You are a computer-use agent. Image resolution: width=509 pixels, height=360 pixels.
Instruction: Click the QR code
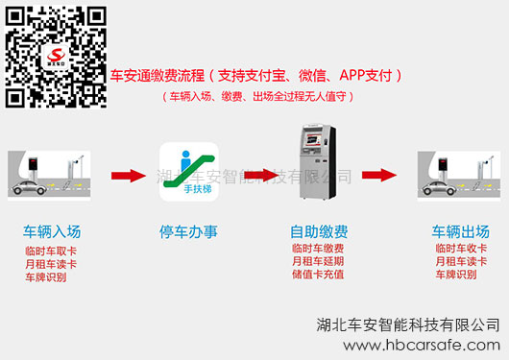coord(56,58)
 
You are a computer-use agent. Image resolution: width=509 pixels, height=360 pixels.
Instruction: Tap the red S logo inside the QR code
coord(56,57)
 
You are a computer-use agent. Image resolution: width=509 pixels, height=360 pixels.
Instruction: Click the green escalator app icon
coord(189,172)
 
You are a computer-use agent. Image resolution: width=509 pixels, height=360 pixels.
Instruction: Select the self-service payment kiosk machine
coord(317,161)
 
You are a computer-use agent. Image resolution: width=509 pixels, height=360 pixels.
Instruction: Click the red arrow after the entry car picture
coord(129,176)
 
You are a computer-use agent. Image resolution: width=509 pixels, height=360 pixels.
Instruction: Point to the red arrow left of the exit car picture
coord(379,176)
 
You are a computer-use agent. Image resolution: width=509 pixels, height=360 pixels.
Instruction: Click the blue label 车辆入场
coord(52,231)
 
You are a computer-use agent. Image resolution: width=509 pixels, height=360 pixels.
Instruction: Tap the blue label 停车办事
coord(188,231)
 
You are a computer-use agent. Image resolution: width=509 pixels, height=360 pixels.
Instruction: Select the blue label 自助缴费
coord(319,231)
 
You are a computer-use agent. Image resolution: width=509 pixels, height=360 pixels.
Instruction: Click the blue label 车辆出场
coord(461,231)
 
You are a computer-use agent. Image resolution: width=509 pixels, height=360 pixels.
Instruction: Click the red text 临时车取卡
coord(51,251)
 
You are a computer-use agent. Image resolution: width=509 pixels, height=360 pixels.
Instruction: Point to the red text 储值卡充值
coord(318,275)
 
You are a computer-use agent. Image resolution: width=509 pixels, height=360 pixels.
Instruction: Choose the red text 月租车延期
coord(318,261)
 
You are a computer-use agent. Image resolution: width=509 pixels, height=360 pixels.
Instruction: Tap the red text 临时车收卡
coord(461,249)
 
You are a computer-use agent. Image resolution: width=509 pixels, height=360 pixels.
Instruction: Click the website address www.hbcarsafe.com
coord(422,345)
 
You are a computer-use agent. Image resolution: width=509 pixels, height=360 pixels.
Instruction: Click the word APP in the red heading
coord(351,75)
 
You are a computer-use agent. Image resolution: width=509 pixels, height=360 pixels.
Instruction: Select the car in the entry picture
coord(29,187)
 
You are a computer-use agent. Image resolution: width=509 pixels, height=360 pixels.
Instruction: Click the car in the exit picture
coord(439,187)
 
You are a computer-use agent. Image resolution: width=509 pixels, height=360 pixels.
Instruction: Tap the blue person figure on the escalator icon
coord(185,160)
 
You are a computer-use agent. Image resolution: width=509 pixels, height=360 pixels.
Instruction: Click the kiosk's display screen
coord(314,139)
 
